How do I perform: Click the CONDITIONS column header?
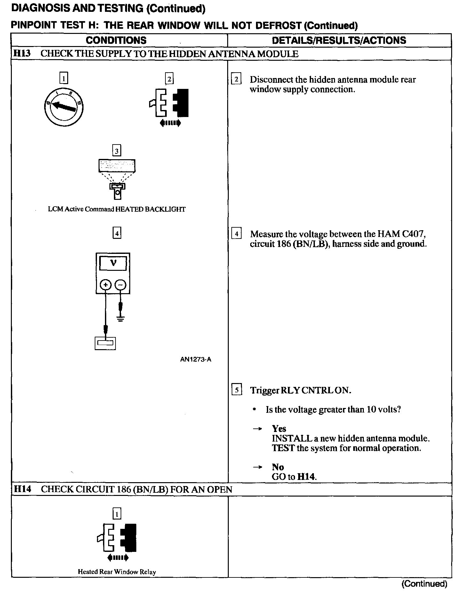pyautogui.click(x=116, y=40)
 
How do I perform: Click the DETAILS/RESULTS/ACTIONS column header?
pyautogui.click(x=339, y=40)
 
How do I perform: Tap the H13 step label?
pyautogui.click(x=22, y=53)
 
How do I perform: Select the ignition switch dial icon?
pyautogui.click(x=64, y=107)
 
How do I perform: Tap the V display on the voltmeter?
pyautogui.click(x=113, y=263)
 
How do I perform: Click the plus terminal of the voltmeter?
pyautogui.click(x=106, y=285)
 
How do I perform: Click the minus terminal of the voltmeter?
pyautogui.click(x=120, y=285)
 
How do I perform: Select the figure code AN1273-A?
pyautogui.click(x=196, y=359)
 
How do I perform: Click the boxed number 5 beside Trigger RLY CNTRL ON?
pyautogui.click(x=236, y=390)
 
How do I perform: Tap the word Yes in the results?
pyautogui.click(x=279, y=428)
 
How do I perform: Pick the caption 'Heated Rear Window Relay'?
pyautogui.click(x=117, y=572)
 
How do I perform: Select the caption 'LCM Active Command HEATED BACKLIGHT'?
pyautogui.click(x=117, y=209)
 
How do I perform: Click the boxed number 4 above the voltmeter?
pyautogui.click(x=117, y=233)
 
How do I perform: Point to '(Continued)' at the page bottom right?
pyautogui.click(x=424, y=584)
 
